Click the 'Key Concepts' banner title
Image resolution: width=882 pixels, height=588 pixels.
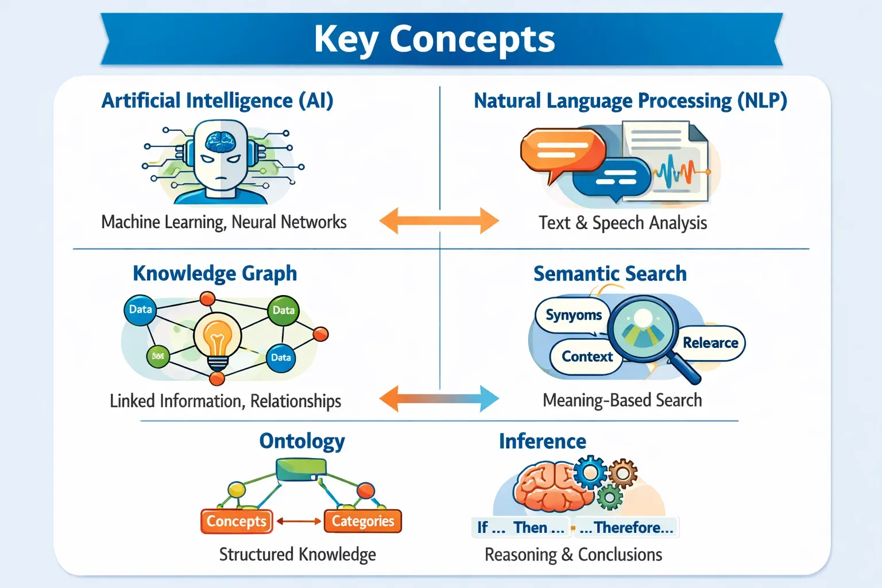[x=435, y=39]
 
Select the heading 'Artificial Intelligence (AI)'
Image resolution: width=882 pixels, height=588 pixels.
[x=217, y=100]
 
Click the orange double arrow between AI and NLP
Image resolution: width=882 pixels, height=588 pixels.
[x=439, y=220]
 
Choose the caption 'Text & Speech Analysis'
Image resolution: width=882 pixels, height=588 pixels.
[x=622, y=222]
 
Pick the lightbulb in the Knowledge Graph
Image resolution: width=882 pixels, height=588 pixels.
[x=217, y=340]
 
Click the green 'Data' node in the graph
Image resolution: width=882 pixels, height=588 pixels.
[x=283, y=310]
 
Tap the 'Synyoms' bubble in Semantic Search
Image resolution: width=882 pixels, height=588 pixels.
[x=572, y=315]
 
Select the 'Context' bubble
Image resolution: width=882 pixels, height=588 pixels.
[x=586, y=357]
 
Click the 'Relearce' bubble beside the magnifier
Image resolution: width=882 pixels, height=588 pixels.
[x=711, y=343]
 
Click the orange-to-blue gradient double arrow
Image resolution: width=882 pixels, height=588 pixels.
[x=439, y=399]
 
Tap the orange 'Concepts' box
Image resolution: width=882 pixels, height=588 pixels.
[x=237, y=521]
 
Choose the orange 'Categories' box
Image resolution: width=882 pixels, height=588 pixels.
[x=363, y=521]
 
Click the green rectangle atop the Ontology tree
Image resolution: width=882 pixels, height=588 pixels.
[x=301, y=470]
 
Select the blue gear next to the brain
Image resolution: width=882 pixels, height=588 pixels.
[x=589, y=472]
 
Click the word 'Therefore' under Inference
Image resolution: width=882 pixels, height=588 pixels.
[x=627, y=527]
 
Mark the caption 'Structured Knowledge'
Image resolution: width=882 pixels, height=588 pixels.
[x=297, y=554]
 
